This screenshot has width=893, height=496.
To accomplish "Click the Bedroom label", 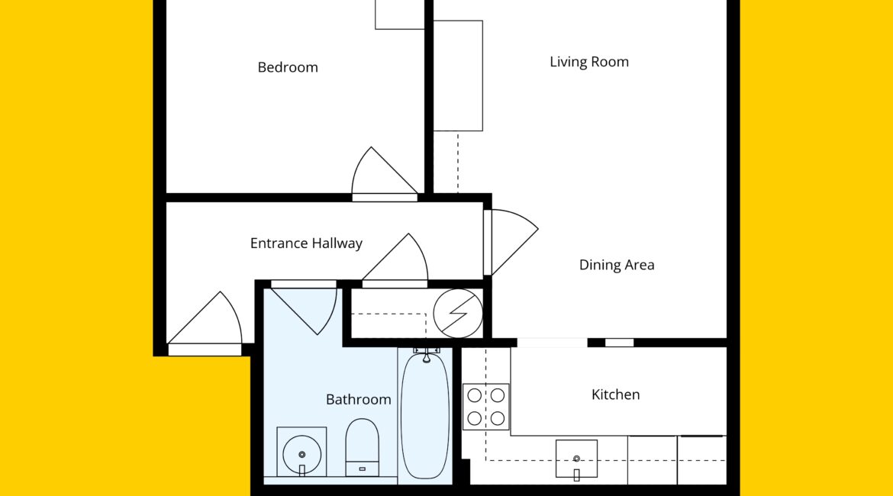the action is coord(288,67).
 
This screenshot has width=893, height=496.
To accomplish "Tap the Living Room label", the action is coord(589,62).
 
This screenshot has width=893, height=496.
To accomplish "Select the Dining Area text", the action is coord(616,265).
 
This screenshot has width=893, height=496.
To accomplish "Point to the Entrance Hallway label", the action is coord(306,243).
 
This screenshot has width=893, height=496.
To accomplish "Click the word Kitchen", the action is coord(615,394).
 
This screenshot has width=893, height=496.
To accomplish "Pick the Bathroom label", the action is coord(358,399).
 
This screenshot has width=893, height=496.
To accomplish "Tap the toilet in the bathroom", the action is coord(363,447).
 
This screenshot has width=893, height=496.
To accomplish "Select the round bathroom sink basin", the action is coord(301,454).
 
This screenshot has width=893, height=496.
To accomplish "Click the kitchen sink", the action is coord(576,459).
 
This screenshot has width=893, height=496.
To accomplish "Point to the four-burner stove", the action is coord(485,407).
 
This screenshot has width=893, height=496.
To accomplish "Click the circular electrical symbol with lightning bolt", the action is coord(458,313).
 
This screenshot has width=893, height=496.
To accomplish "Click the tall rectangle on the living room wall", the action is coord(458,76).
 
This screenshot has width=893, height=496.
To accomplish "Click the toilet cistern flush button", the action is coord(363,469).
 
